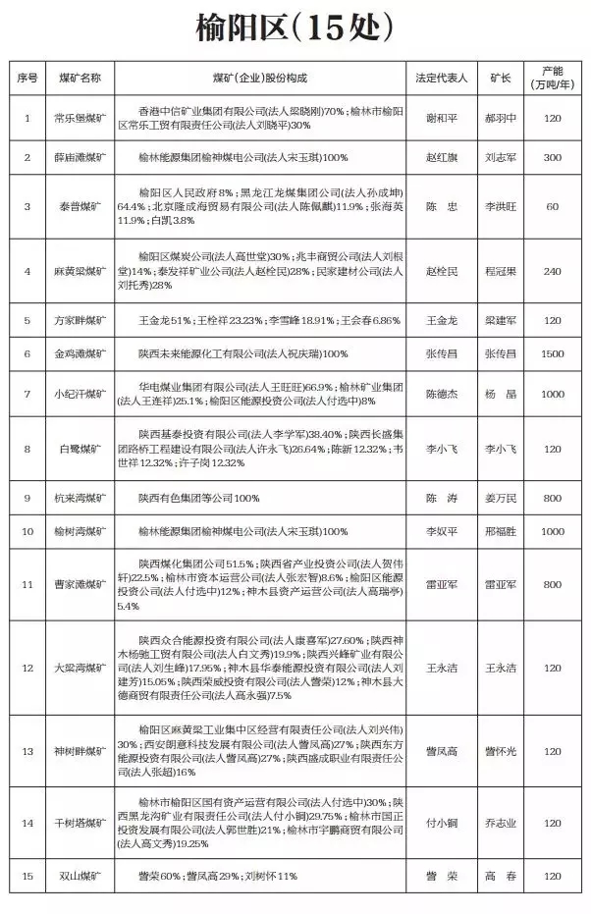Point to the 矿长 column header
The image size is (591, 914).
(501, 77)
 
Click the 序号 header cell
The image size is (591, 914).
(27, 77)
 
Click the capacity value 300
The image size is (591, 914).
(552, 157)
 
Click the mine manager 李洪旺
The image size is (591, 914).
(501, 207)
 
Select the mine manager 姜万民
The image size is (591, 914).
(501, 498)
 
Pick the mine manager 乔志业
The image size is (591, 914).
(501, 822)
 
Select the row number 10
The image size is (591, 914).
(27, 531)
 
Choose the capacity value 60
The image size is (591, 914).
(552, 207)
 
